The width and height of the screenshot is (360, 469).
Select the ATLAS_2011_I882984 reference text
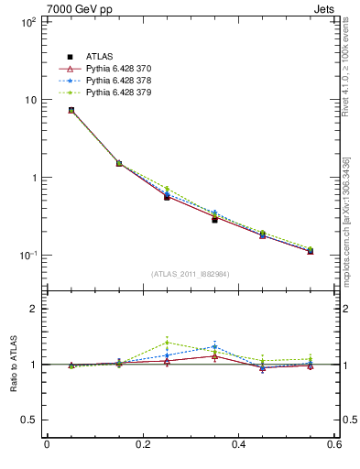pyautogui.click(x=191, y=274)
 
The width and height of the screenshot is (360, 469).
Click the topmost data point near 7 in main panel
pyautogui.click(x=47, y=111)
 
